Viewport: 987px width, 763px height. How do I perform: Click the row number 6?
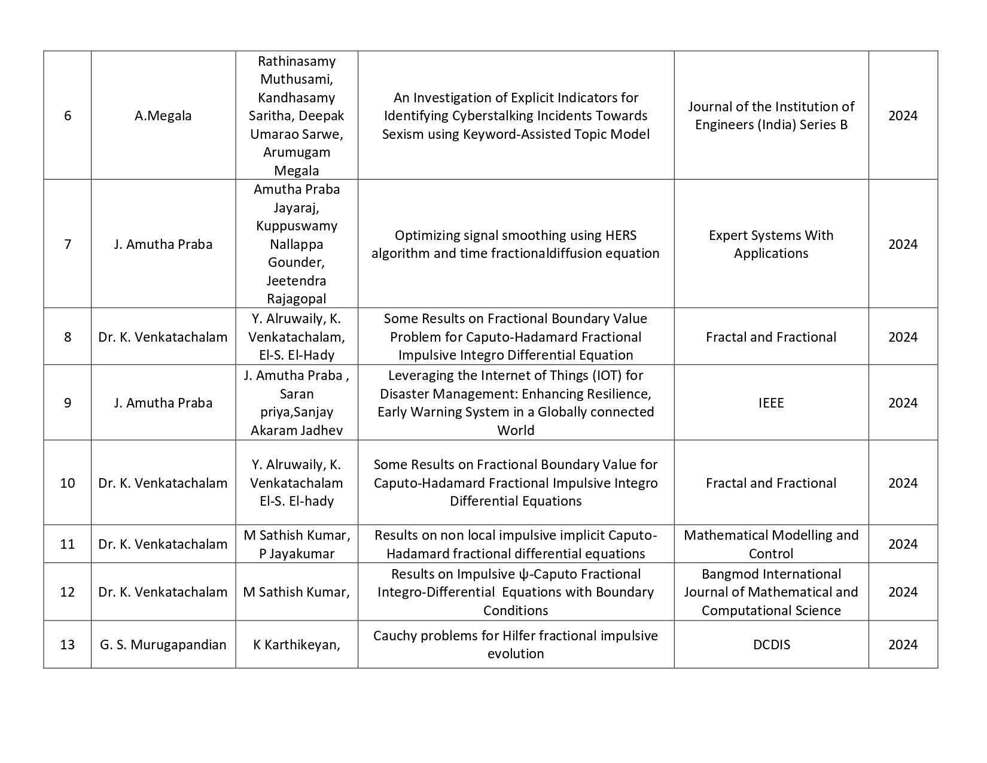pyautogui.click(x=68, y=115)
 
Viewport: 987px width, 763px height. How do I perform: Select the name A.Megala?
pyautogui.click(x=163, y=115)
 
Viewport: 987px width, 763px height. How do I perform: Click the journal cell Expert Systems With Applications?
pyautogui.click(x=770, y=244)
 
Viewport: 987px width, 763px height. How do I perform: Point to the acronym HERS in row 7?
pyautogui.click(x=621, y=235)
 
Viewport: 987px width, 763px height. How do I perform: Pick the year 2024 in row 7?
pyautogui.click(x=902, y=244)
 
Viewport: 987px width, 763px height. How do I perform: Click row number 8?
pyautogui.click(x=68, y=337)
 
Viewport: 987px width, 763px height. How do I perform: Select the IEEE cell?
pyautogui.click(x=770, y=403)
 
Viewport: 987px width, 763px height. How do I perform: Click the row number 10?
pyautogui.click(x=68, y=483)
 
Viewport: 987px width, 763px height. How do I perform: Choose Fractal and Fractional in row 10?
pyautogui.click(x=770, y=483)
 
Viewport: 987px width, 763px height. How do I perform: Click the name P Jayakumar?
pyautogui.click(x=297, y=554)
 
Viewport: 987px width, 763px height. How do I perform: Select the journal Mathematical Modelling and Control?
pyautogui.click(x=770, y=544)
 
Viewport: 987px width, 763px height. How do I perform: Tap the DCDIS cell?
pyautogui.click(x=771, y=645)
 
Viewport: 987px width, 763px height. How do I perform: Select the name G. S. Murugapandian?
pyautogui.click(x=163, y=645)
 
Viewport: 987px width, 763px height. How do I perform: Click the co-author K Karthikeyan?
pyautogui.click(x=296, y=645)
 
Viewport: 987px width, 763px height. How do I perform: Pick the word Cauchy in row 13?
pyautogui.click(x=393, y=636)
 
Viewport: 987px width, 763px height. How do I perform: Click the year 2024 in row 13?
pyautogui.click(x=902, y=645)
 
